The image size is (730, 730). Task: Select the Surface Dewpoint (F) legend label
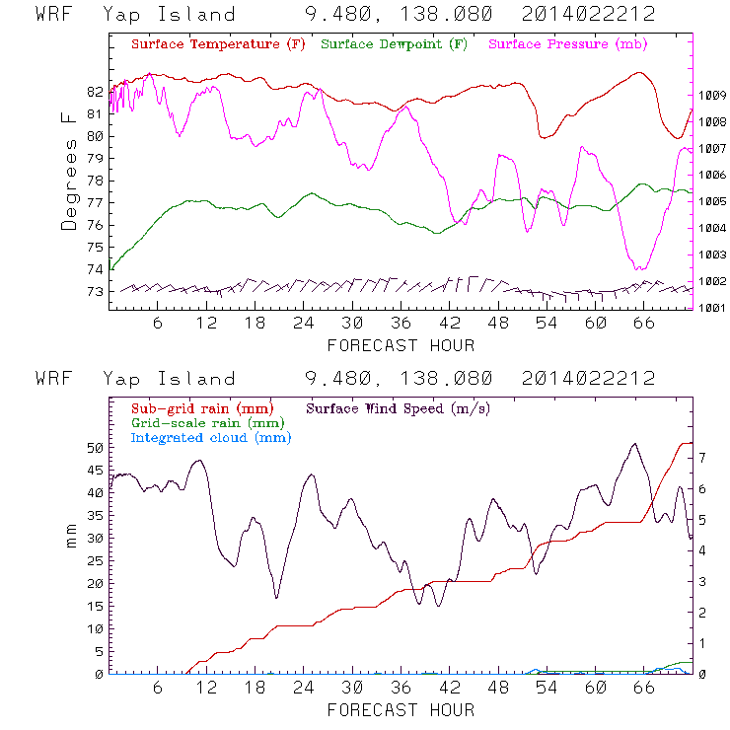tap(395, 44)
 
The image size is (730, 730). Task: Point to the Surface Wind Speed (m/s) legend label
tap(399, 406)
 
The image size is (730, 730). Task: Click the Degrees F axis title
tap(69, 171)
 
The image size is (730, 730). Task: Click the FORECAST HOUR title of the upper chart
tap(401, 345)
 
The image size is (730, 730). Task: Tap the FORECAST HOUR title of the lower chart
tap(401, 709)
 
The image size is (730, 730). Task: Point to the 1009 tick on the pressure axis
tap(712, 95)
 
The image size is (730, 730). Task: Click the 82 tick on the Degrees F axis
tap(95, 92)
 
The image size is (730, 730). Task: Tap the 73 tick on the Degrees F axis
tap(95, 292)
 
